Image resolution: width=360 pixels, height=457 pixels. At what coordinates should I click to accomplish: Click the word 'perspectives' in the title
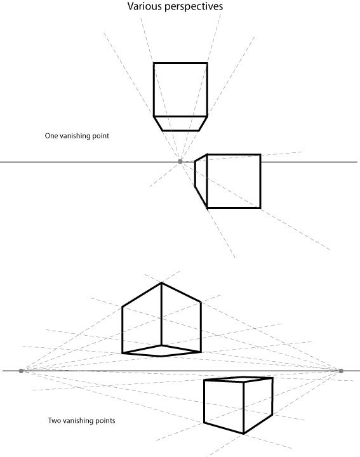click(x=194, y=7)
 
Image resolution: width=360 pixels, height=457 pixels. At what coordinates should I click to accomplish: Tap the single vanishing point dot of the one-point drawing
click(x=180, y=161)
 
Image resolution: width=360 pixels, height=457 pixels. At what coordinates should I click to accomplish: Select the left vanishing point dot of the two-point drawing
click(x=21, y=371)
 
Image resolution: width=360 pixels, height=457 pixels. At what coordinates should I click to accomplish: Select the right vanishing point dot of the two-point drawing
click(x=341, y=371)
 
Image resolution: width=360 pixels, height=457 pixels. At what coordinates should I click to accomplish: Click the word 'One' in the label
click(x=51, y=136)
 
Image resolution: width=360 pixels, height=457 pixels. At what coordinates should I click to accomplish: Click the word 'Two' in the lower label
click(x=55, y=421)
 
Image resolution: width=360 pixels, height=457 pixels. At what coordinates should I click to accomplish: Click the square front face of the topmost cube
click(x=180, y=89)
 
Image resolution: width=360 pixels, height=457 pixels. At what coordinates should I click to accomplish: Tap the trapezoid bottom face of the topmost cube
click(x=180, y=124)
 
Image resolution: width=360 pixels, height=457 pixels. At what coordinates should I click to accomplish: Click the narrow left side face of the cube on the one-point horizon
click(x=201, y=180)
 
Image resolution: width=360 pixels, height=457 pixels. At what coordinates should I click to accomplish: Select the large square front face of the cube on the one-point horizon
click(x=234, y=181)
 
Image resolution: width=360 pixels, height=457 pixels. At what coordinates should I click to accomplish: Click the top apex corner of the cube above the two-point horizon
click(x=161, y=282)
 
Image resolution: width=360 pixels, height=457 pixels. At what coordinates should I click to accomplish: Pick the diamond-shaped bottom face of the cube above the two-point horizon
click(x=161, y=351)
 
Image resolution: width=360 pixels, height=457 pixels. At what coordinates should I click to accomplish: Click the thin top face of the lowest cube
click(x=238, y=380)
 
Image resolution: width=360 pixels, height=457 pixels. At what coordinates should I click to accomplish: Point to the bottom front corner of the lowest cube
click(x=243, y=434)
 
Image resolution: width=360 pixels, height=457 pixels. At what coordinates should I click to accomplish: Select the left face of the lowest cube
click(x=224, y=407)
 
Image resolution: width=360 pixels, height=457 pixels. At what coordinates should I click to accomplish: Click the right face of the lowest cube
click(x=258, y=406)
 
